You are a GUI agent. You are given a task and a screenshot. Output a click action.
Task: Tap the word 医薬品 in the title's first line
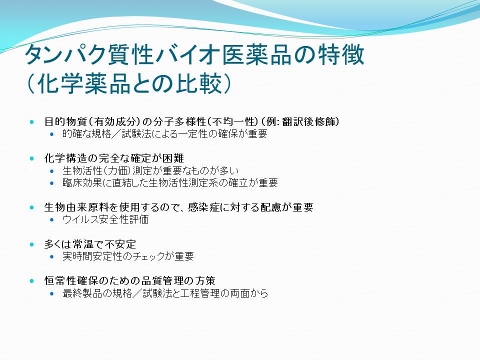(x=256, y=55)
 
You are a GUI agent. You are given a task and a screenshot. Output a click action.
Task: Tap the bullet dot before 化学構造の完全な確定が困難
(x=32, y=158)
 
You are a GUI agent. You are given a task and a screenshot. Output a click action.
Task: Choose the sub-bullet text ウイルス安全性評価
(x=105, y=219)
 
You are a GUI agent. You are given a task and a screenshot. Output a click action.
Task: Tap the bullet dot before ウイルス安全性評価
(x=51, y=220)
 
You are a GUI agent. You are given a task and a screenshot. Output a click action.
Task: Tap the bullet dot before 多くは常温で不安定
(x=32, y=244)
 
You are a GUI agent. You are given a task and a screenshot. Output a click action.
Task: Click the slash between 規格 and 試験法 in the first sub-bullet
(x=116, y=134)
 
